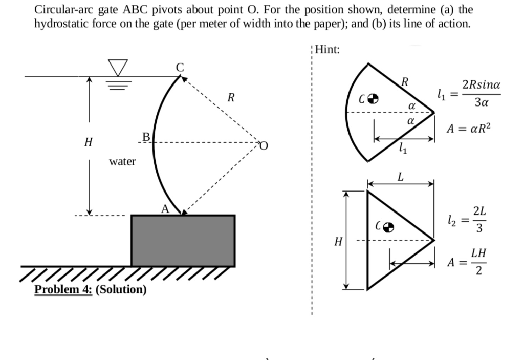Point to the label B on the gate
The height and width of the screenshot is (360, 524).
pyautogui.click(x=145, y=137)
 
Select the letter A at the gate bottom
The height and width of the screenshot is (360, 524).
pyautogui.click(x=164, y=208)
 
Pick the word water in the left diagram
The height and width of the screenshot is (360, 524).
pyautogui.click(x=123, y=162)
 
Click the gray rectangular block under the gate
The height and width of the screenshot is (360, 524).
pyautogui.click(x=183, y=241)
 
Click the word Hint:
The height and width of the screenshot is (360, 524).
pyautogui.click(x=328, y=50)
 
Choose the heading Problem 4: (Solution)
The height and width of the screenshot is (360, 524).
pyautogui.click(x=90, y=289)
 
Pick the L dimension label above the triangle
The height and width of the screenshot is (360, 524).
pyautogui.click(x=401, y=177)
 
